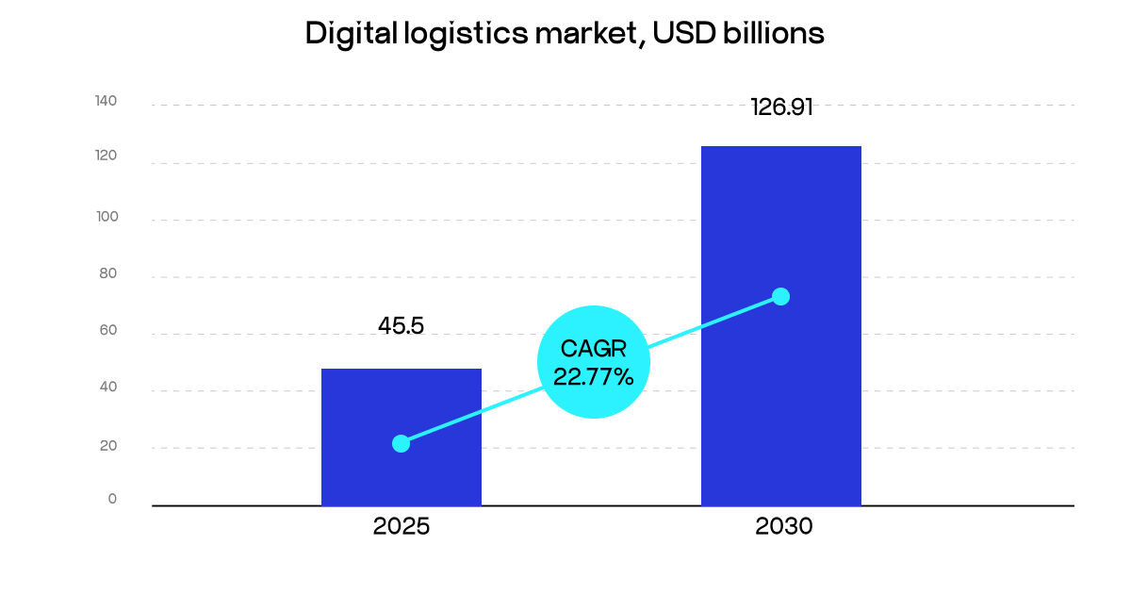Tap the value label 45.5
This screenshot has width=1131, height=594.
click(x=401, y=326)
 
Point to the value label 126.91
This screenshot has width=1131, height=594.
click(x=780, y=107)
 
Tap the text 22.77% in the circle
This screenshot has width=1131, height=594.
click(x=593, y=377)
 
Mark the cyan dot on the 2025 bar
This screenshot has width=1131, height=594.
click(x=401, y=443)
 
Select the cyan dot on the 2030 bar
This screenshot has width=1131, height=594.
click(x=780, y=296)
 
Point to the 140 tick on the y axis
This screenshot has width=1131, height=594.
click(x=106, y=102)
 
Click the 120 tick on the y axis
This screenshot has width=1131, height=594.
click(x=106, y=158)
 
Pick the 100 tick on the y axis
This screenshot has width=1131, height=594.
click(x=106, y=217)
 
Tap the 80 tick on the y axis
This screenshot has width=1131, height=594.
click(x=107, y=273)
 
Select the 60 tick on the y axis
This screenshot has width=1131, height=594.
click(x=107, y=330)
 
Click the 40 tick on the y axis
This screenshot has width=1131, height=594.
click(x=107, y=388)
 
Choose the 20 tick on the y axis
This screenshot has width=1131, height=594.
click(x=107, y=445)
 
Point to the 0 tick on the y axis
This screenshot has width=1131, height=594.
click(x=112, y=500)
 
